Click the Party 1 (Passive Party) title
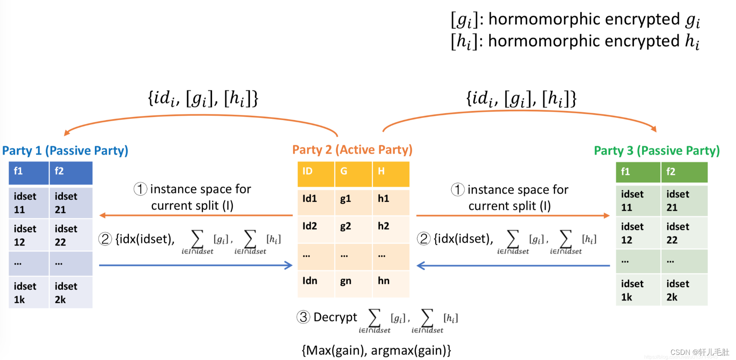(x=65, y=151)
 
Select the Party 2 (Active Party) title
(x=352, y=150)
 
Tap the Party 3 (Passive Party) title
(x=656, y=151)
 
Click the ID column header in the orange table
(x=315, y=171)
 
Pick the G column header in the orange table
(x=353, y=171)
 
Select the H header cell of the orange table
(x=390, y=171)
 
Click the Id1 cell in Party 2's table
(x=315, y=199)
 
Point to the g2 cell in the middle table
(x=353, y=227)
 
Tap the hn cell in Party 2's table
(x=390, y=281)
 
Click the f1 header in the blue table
(x=28, y=172)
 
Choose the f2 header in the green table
(x=684, y=172)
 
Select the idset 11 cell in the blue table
(x=28, y=203)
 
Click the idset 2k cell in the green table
(x=684, y=290)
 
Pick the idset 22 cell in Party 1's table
(x=70, y=235)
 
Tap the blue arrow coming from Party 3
(x=513, y=266)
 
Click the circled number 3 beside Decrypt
(x=303, y=317)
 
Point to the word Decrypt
(x=335, y=317)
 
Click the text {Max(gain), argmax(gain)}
(x=376, y=351)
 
